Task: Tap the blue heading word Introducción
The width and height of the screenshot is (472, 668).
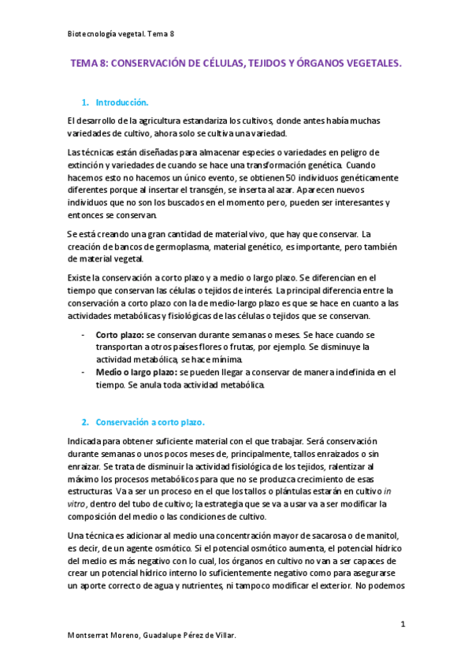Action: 121,102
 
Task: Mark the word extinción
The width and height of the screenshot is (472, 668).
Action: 88,166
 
